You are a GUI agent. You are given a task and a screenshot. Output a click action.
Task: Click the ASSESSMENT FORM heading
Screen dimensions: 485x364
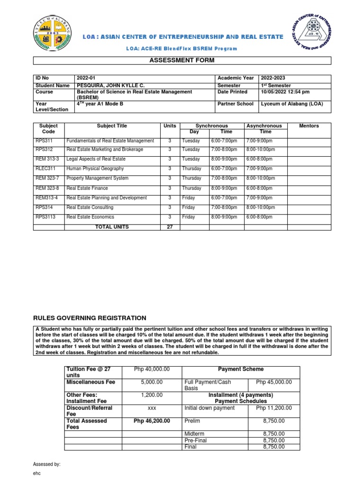182,60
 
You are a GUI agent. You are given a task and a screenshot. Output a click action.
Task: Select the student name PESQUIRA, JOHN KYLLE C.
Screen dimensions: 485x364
110,85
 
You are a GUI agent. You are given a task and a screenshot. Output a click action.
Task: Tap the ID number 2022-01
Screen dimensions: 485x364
86,78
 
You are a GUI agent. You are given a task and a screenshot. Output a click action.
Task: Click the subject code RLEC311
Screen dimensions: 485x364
45,169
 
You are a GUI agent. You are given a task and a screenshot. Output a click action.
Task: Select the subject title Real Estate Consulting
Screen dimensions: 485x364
90,207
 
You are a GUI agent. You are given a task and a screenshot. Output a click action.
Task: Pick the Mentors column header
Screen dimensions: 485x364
309,126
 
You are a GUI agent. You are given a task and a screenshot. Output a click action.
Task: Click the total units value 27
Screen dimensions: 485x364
169,227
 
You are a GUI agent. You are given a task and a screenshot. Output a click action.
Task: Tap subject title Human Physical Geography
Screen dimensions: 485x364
95,169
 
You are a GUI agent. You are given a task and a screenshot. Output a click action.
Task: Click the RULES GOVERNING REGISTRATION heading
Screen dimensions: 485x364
89,318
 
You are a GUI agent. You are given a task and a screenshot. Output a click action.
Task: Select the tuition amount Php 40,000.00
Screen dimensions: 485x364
152,369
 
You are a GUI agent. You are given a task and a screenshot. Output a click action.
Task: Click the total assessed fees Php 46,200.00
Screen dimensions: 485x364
152,421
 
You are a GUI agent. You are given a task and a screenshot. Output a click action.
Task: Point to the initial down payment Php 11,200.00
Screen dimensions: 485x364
274,408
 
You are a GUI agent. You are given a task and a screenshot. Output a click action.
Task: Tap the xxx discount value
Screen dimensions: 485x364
152,408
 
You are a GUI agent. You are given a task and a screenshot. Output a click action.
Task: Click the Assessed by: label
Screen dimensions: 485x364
46,465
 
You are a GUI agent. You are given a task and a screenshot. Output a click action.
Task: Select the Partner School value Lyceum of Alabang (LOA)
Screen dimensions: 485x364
292,104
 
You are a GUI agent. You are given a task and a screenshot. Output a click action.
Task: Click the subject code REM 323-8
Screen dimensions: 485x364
47,188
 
